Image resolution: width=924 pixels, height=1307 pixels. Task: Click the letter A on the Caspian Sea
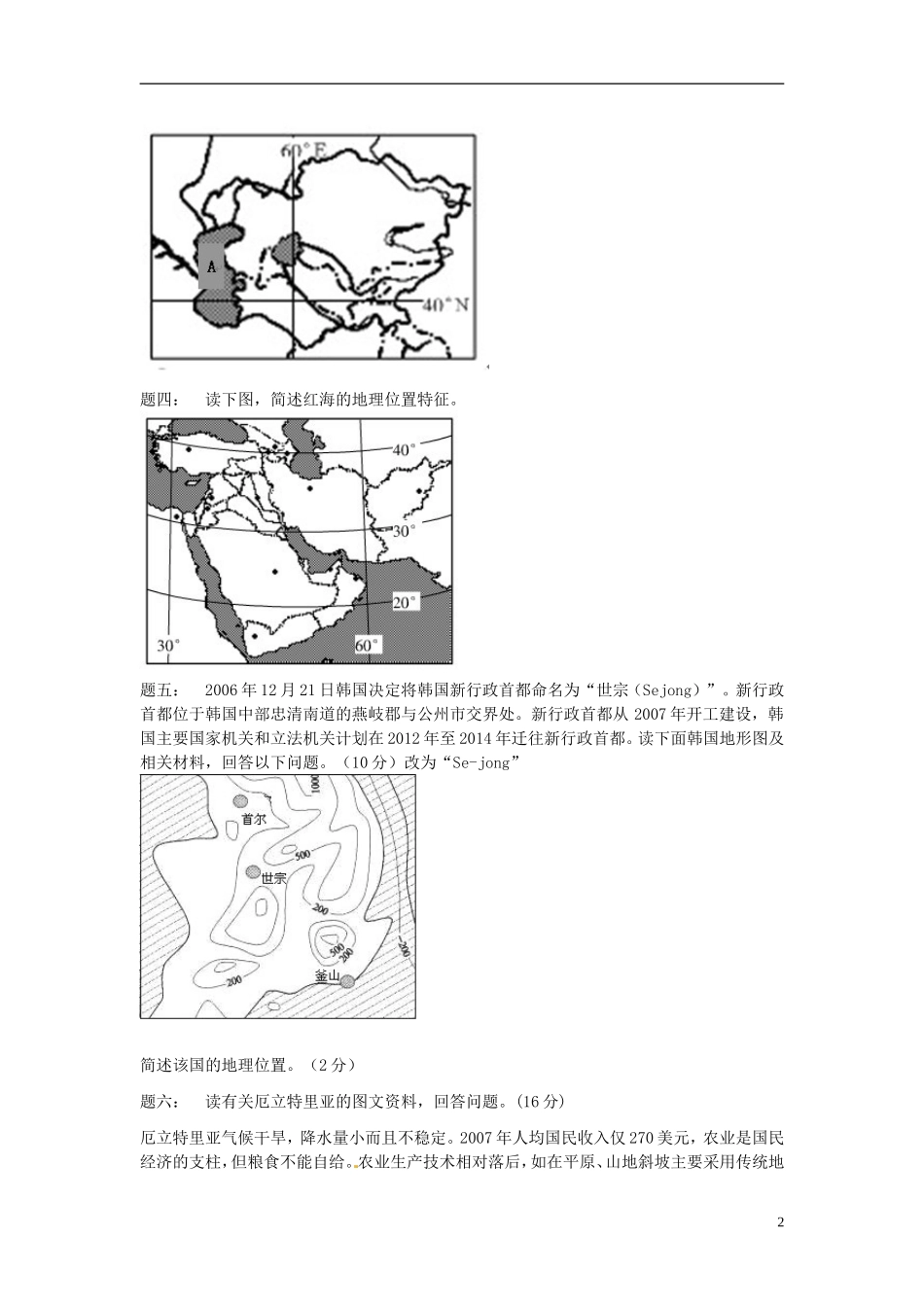pos(212,265)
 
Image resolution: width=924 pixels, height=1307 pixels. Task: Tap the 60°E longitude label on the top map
pos(303,151)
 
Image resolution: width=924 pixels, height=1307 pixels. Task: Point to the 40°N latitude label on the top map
pos(445,305)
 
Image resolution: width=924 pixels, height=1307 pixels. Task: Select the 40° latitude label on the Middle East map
pos(403,449)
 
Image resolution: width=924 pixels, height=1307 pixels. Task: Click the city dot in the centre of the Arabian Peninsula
pos(275,572)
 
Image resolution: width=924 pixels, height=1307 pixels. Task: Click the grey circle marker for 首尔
pos(240,800)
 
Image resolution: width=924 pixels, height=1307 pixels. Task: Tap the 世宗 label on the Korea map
pos(273,878)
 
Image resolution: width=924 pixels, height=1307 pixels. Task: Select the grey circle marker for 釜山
pos(347,981)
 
